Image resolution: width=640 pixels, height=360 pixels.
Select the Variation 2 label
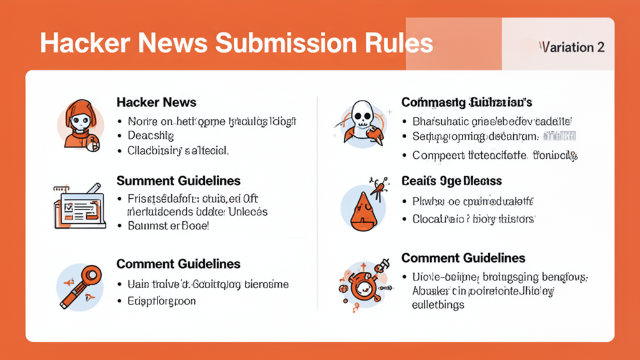[572, 47]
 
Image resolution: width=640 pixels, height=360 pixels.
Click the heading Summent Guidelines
[178, 181]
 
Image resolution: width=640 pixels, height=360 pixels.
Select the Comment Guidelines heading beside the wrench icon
[178, 264]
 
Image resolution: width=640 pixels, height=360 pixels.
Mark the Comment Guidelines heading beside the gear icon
[463, 257]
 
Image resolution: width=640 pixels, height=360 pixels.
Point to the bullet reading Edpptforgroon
[161, 301]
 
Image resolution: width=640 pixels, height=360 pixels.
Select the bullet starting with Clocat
[473, 219]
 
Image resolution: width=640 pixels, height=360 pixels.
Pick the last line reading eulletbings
[437, 305]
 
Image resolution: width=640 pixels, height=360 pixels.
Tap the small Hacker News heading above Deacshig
[156, 102]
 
